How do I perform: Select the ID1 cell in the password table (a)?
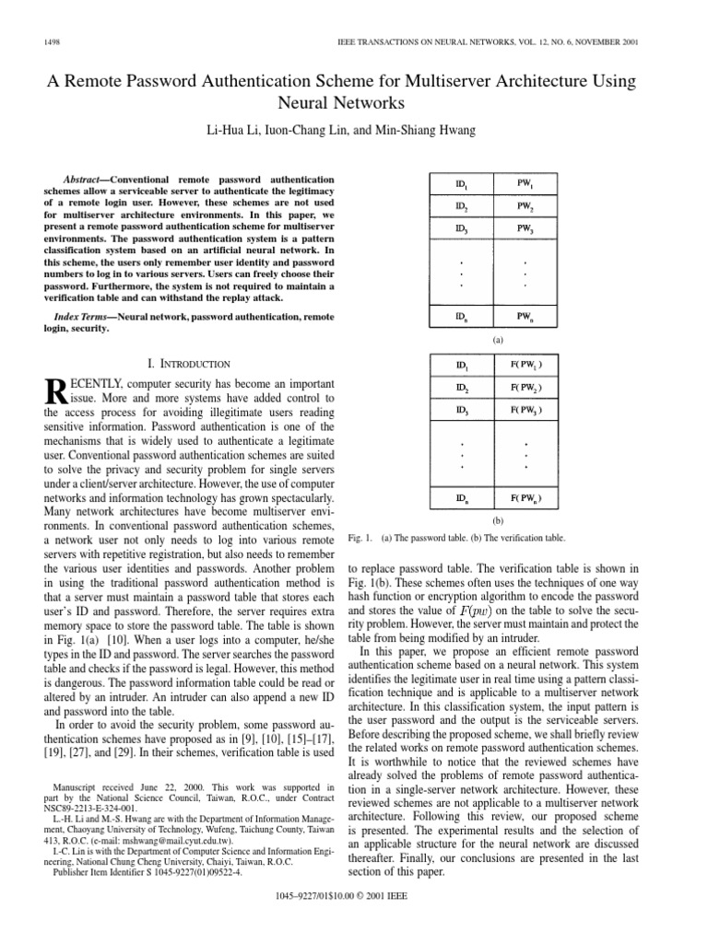coord(448,182)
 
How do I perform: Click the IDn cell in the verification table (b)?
coord(448,499)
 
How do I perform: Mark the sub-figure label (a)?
coord(486,340)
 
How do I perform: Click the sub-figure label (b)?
coord(486,520)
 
